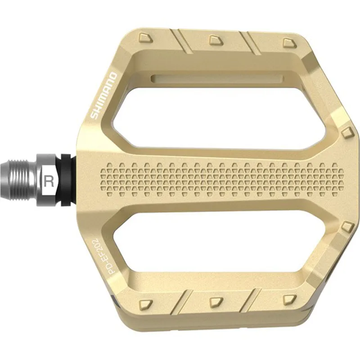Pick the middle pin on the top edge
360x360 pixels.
pos(215,40)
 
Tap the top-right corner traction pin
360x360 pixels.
pos(288,42)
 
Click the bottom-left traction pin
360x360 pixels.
pos(145,304)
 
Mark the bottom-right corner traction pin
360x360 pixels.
pos(290,299)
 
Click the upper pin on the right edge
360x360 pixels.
pos(346,133)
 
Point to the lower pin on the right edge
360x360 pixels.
pos(346,226)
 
